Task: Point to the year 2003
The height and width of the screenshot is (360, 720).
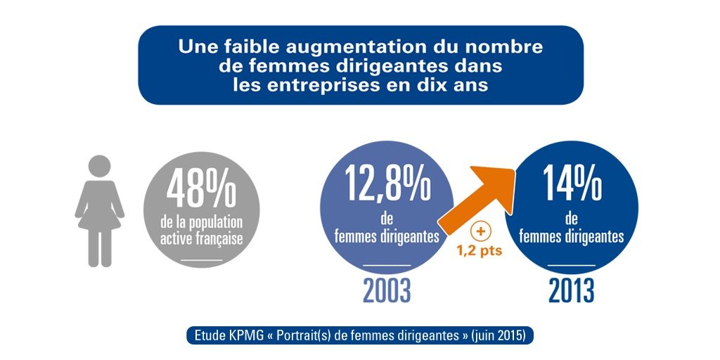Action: tap(387, 290)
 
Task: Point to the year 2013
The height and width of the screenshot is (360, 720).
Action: tap(571, 290)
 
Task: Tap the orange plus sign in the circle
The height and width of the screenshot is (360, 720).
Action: tap(481, 232)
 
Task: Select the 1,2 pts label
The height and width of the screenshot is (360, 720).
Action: tap(480, 251)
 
